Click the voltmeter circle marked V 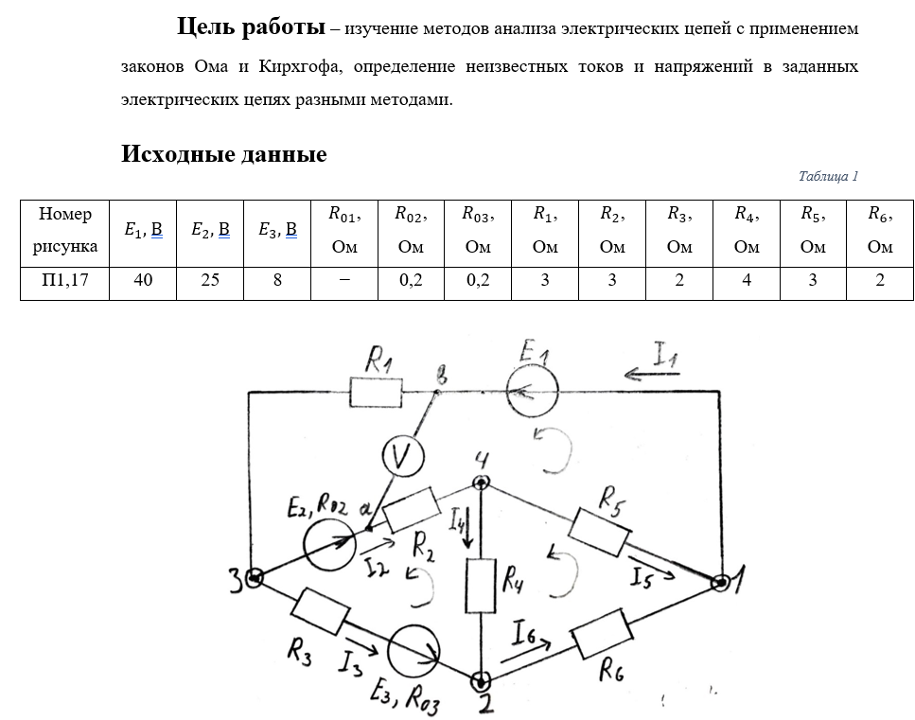[x=402, y=458]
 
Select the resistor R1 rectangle [x=376, y=392]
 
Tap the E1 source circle [x=532, y=391]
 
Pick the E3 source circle [x=416, y=650]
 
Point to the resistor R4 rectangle [x=482, y=585]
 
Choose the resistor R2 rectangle [x=410, y=513]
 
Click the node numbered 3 [x=253, y=577]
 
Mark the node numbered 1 [x=720, y=583]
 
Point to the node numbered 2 [x=482, y=680]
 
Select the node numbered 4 [x=482, y=483]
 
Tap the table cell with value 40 [x=143, y=281]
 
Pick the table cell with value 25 [x=210, y=281]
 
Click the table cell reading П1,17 [x=64, y=281]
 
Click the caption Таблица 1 [x=827, y=176]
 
